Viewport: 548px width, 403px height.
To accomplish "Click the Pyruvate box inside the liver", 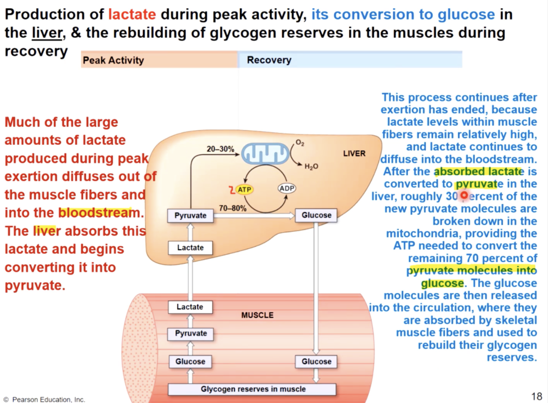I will [x=190, y=215].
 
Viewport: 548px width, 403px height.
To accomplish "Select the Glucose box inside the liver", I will [x=316, y=215].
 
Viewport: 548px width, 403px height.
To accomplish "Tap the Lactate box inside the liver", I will [x=190, y=248].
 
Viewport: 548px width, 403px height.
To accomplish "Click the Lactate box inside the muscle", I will [x=190, y=307].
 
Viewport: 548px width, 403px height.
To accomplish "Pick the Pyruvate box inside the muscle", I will [x=190, y=334].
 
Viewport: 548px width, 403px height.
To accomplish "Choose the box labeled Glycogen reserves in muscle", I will [x=253, y=389].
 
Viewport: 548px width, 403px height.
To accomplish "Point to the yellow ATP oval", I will [x=244, y=189].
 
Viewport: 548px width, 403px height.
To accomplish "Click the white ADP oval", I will [x=287, y=188].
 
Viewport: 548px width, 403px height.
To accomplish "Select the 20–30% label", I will [x=220, y=149].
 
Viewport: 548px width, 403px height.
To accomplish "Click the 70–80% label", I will [x=232, y=208].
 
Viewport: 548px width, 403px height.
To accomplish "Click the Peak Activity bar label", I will [x=113, y=60].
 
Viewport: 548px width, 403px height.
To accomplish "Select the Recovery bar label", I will [x=269, y=60].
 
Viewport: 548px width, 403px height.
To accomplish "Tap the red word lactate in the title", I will [x=132, y=15].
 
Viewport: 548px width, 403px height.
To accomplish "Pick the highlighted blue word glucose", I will [x=442, y=283].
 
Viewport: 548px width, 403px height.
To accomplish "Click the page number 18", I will [x=536, y=395].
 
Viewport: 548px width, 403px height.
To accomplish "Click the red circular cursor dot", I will [x=464, y=196].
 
